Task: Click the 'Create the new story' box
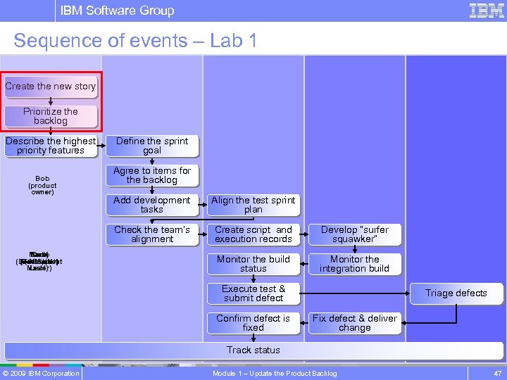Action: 50,87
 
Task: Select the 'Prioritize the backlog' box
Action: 51,116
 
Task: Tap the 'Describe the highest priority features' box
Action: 51,146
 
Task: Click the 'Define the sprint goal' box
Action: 152,146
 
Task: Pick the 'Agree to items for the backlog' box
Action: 152,175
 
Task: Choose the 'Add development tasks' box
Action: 152,205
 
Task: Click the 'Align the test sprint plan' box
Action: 254,205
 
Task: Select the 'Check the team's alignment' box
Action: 152,234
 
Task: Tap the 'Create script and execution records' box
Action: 254,234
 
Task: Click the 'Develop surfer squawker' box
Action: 354,234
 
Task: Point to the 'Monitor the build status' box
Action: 254,264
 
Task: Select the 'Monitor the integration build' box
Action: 354,264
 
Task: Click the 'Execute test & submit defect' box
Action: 254,293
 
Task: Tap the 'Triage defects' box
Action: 456,293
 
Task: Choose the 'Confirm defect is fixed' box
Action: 254,323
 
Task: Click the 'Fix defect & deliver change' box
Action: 354,323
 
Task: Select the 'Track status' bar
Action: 254,350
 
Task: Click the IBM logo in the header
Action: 487,11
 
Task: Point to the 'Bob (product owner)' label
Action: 42,185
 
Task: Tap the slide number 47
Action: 497,373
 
